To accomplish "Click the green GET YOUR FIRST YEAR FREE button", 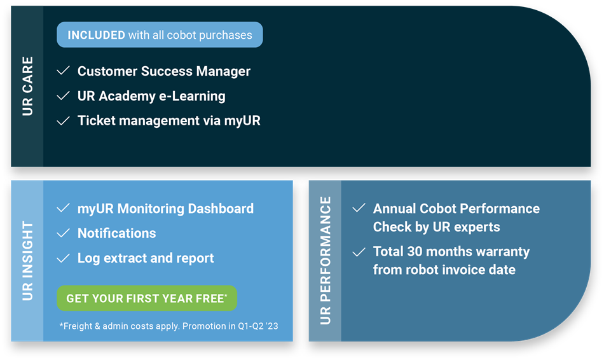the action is tap(147, 298).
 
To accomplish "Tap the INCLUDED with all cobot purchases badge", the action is tap(160, 35).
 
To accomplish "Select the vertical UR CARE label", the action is tap(27, 86).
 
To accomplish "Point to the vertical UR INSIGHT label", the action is tap(27, 261).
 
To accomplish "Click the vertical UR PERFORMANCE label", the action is tap(326, 261).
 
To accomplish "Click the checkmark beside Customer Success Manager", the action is tap(63, 71).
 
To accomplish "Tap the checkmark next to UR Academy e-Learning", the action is tap(63, 95).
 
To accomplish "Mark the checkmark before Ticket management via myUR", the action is tap(63, 121).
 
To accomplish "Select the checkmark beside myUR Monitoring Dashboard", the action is tap(63, 208).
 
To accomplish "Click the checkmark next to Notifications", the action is tap(63, 233).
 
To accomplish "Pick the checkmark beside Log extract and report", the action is tap(63, 258).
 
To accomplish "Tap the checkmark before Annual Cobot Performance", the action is tap(359, 208).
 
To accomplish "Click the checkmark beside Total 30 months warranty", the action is tap(359, 252).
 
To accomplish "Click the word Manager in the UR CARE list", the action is tap(223, 72).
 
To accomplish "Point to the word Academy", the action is tap(127, 96).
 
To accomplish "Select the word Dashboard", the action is tap(221, 209).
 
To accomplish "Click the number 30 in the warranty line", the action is tap(415, 252).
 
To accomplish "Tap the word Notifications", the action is tap(117, 233).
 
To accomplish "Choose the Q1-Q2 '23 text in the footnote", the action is tap(257, 326).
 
